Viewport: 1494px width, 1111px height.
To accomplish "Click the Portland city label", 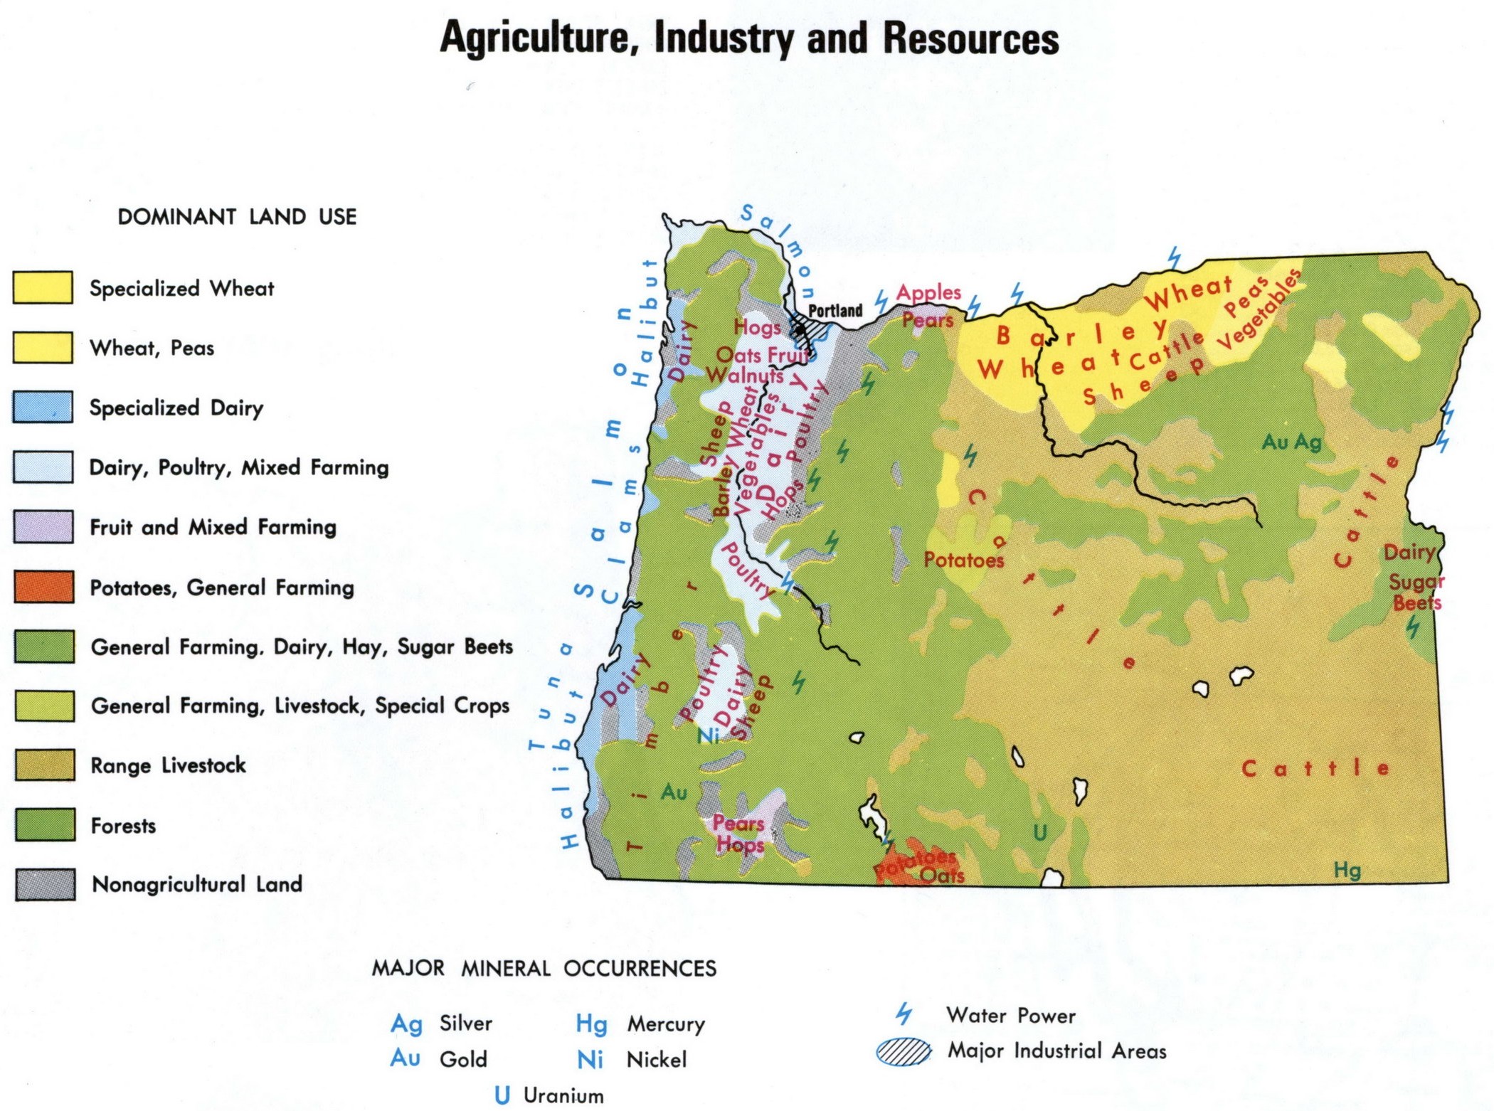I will tap(835, 311).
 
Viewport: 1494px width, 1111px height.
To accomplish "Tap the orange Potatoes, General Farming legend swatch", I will tap(43, 587).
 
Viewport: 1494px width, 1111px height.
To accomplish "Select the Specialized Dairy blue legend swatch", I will tap(43, 407).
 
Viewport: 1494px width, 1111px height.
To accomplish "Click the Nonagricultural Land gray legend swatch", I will tap(46, 884).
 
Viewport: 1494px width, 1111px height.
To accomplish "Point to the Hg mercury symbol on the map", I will tap(1347, 870).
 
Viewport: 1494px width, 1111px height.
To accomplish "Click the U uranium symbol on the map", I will tap(1040, 832).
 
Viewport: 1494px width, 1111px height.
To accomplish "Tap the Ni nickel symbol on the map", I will tap(708, 735).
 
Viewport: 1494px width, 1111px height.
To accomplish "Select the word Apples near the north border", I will tap(928, 292).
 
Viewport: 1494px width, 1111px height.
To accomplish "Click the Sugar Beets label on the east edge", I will tap(1416, 592).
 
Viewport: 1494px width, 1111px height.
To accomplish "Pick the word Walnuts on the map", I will tap(745, 375).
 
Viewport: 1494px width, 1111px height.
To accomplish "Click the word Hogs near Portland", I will tap(757, 328).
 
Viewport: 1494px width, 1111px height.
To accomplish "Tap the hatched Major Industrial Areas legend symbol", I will tap(904, 1051).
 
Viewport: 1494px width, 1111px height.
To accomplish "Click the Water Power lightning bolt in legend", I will tap(904, 1013).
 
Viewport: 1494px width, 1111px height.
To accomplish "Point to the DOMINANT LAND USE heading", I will tap(237, 217).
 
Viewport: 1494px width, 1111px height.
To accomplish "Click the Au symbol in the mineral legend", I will tap(405, 1058).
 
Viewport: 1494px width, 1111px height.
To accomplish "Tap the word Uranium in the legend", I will tap(563, 1096).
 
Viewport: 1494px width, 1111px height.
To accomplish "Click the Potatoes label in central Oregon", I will tap(963, 560).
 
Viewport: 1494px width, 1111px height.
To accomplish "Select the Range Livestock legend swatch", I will tap(45, 765).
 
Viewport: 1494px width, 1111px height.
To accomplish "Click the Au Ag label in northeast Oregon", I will tap(1291, 442).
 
